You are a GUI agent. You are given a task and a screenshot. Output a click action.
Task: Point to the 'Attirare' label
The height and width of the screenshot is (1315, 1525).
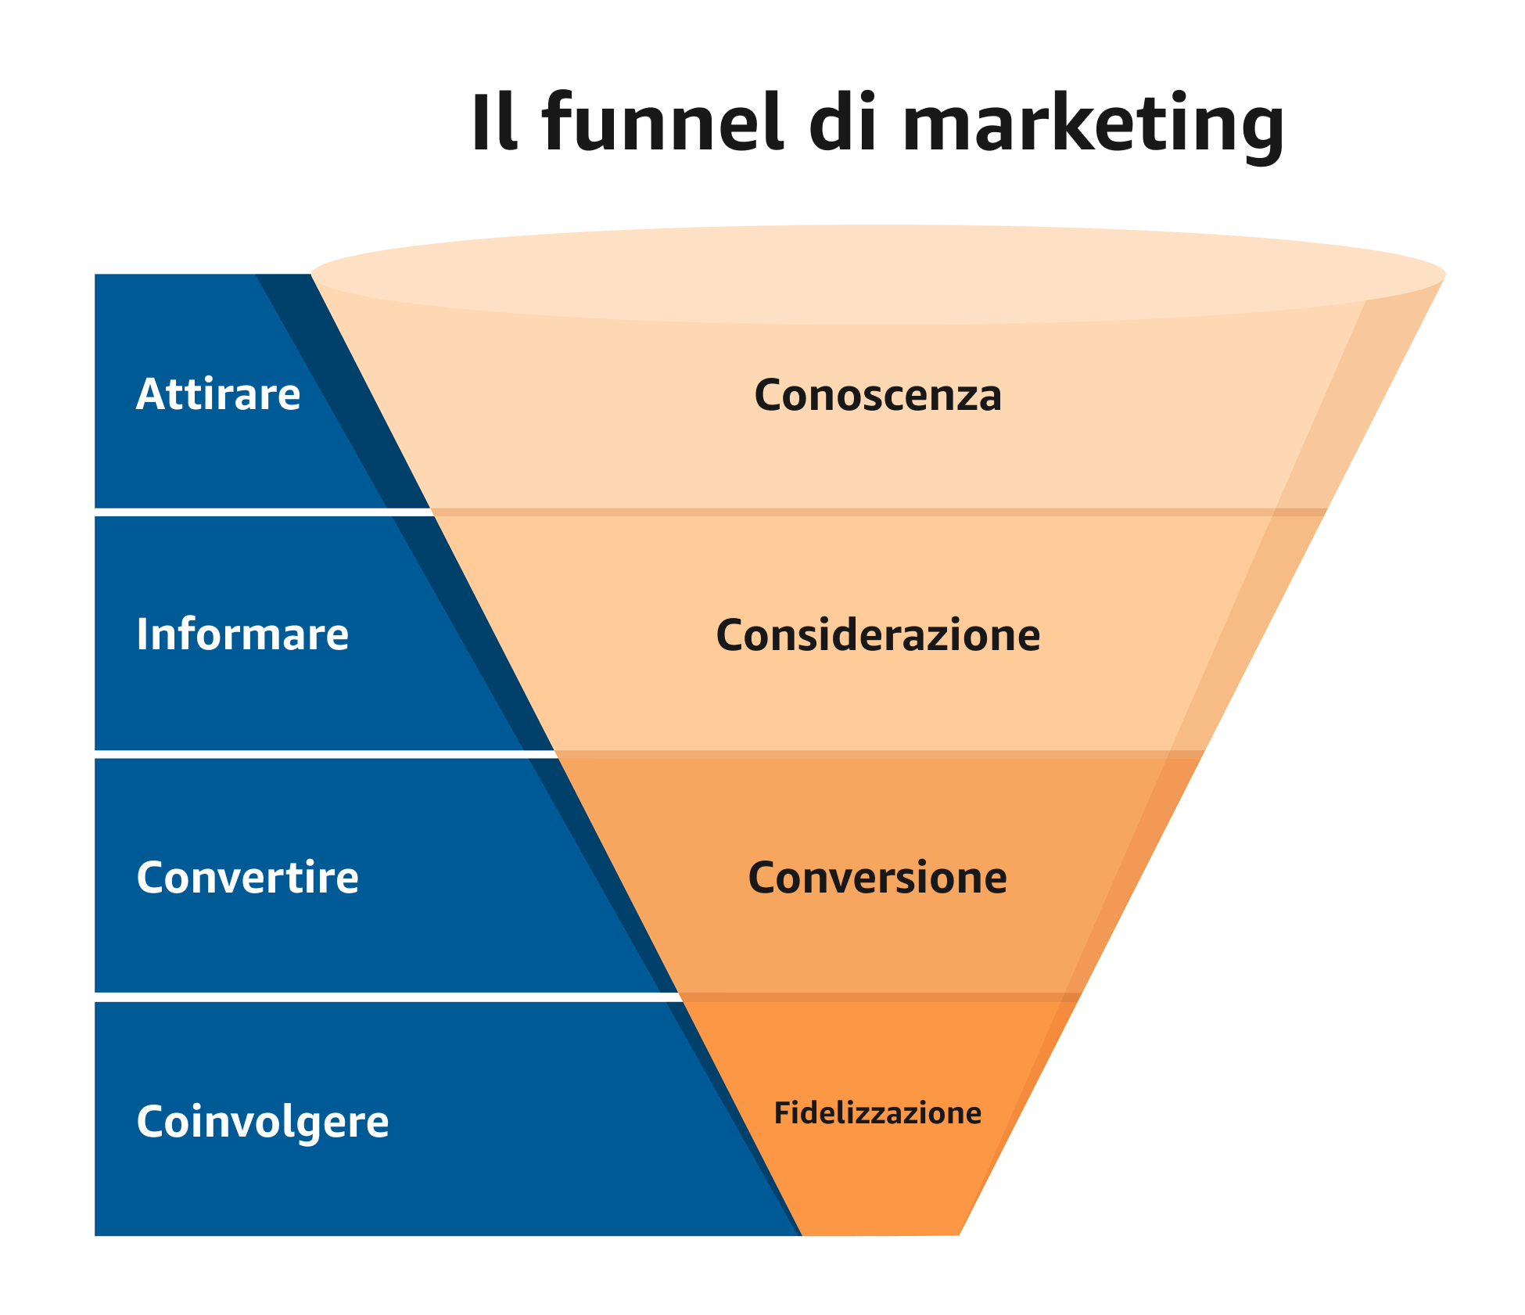218,393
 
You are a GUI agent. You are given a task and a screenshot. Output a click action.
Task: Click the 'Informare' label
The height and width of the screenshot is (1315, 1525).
242,634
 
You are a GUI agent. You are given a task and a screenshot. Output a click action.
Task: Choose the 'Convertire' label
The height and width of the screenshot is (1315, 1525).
247,877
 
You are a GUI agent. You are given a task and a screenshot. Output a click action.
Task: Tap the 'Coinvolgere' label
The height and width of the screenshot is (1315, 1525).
263,1122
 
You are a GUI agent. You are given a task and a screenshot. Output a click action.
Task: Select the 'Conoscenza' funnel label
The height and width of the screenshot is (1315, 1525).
877,395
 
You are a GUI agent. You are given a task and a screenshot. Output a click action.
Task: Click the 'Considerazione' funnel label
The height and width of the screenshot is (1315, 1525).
877,634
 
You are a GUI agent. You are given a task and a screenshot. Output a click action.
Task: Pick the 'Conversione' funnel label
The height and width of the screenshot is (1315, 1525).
877,878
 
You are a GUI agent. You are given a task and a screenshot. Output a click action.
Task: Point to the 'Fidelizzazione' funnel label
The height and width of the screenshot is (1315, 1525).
877,1113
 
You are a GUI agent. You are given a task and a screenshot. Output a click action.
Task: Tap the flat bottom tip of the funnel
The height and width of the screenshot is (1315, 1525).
881,1234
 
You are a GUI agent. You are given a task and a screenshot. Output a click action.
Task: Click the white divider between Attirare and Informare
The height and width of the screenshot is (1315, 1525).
264,512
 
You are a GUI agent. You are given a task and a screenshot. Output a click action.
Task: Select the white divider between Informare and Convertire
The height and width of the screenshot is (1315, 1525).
325,754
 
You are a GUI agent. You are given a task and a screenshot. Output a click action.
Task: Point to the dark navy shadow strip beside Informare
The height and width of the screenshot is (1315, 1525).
474,634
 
